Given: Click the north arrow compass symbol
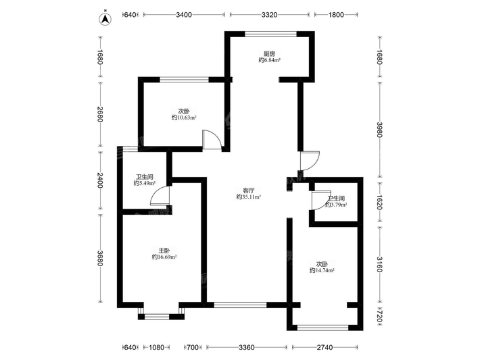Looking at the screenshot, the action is [105, 18].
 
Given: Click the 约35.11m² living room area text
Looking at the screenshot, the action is [248, 197].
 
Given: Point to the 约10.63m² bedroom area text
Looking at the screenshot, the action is [184, 118].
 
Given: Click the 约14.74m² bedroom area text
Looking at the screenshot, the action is [322, 270].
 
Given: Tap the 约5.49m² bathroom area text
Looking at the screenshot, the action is [145, 183].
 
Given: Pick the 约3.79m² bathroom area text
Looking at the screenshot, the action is [336, 205].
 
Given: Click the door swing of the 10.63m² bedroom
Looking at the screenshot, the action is [212, 140].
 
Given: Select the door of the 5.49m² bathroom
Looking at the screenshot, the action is [160, 195].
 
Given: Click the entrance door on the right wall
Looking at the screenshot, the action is [310, 161].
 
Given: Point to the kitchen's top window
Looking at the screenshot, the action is [270, 34].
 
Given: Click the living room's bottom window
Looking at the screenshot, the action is [240, 305].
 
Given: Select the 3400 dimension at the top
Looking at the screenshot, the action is [184, 15].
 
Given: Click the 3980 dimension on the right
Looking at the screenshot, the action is [379, 130].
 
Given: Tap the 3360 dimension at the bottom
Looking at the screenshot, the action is [247, 347].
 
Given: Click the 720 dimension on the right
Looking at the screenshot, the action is [379, 316].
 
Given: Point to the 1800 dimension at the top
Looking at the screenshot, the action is [336, 15].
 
